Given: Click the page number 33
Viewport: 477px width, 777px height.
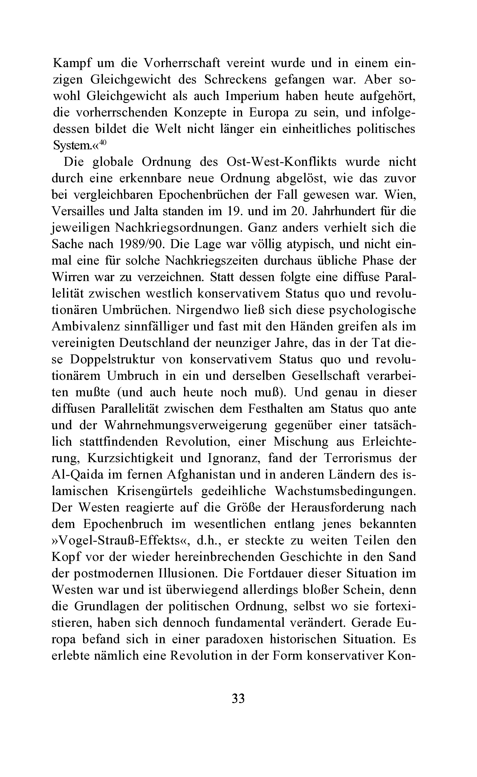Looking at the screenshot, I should (238, 698).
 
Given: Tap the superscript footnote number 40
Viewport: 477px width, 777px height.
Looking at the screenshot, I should (103, 142).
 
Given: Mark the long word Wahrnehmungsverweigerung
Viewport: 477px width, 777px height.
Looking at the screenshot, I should (186, 425).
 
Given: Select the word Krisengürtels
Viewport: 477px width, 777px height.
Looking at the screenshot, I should (155, 491).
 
